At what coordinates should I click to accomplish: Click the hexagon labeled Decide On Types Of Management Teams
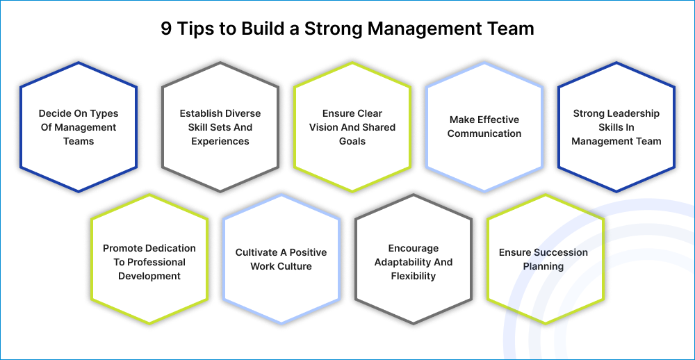pos(79,127)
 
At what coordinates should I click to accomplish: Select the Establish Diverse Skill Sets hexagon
pos(220,127)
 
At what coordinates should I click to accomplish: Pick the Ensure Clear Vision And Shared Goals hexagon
pos(352,127)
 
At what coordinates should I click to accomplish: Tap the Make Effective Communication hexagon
pos(484,127)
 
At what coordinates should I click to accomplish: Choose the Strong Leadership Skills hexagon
pos(616,127)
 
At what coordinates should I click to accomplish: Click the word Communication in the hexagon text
pos(484,133)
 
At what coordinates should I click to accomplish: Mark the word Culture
pos(295,266)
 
